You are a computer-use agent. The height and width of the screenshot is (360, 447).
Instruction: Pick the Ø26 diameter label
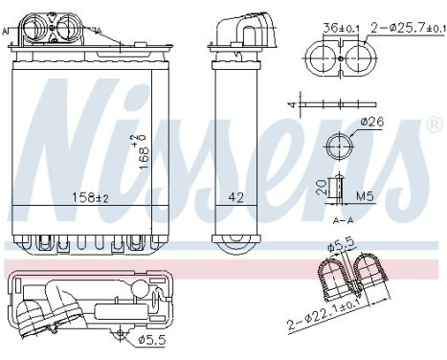[x=374, y=122]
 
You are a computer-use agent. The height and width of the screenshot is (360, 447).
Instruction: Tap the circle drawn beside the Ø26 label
[x=340, y=147]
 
